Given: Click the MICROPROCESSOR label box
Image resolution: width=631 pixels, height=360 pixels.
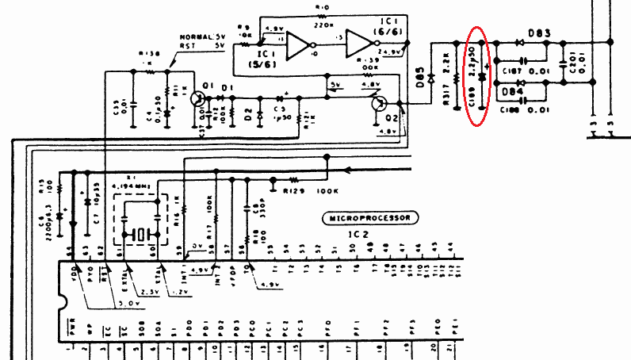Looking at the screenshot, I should pyautogui.click(x=370, y=216).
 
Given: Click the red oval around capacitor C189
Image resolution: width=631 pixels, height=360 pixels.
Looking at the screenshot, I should pyautogui.click(x=476, y=75).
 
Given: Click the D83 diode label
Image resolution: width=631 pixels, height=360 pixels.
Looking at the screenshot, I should pyautogui.click(x=541, y=33).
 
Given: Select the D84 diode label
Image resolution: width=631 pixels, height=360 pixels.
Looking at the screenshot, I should pyautogui.click(x=511, y=92).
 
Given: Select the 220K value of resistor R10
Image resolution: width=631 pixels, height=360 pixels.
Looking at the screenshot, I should pyautogui.click(x=322, y=23).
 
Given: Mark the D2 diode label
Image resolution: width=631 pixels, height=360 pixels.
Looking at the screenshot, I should pyautogui.click(x=248, y=117).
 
